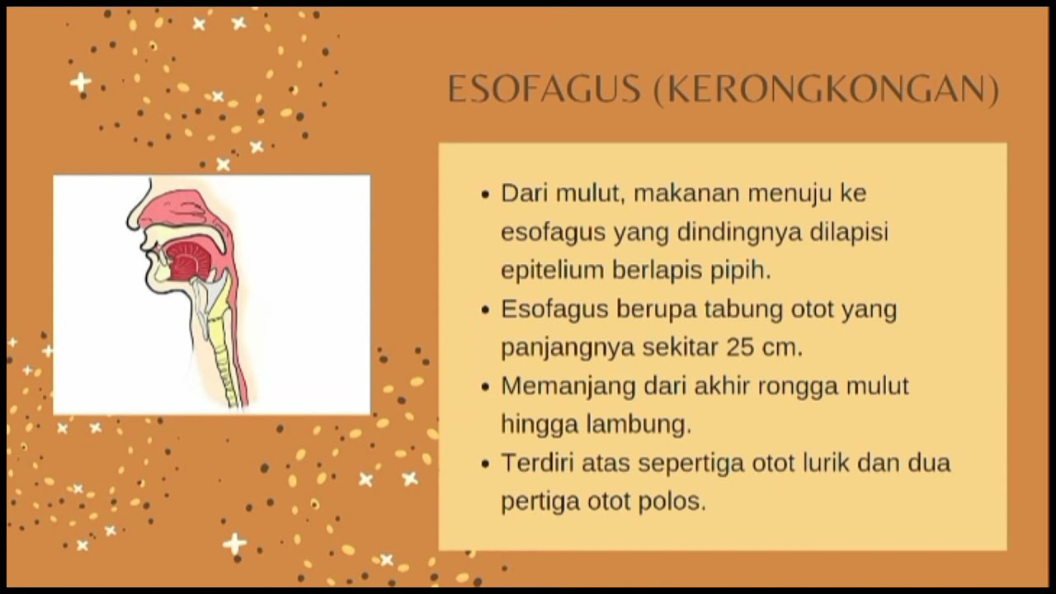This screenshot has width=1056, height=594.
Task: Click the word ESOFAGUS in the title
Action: pos(544,88)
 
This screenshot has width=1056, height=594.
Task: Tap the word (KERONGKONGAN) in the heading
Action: pos(826,90)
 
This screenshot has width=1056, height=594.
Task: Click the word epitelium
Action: pos(553,271)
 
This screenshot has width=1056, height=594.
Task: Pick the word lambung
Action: pos(639,424)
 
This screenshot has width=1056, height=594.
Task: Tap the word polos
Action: pos(672,501)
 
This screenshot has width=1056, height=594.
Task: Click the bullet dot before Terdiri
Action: pos(486,464)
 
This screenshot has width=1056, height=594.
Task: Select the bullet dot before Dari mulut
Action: pos(486,194)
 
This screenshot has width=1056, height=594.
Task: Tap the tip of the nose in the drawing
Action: pos(129,222)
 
